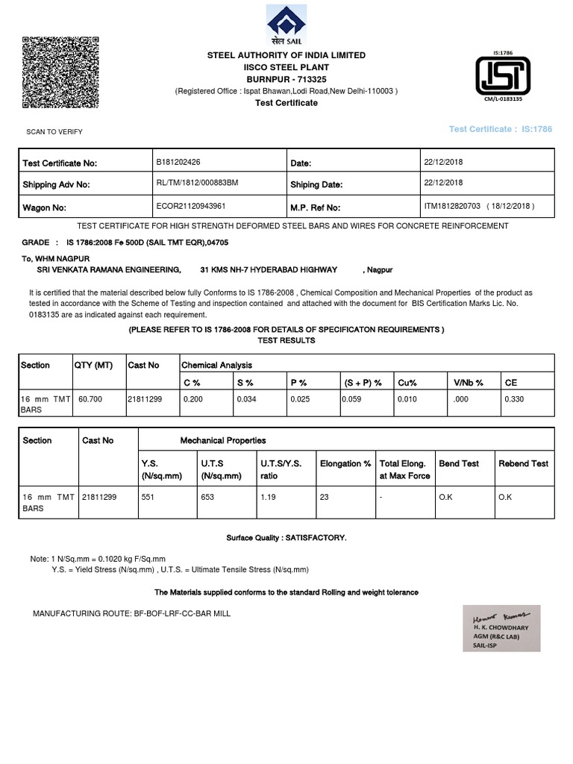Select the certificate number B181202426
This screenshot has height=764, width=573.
coord(178,162)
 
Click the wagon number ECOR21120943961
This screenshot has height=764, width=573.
coord(191,207)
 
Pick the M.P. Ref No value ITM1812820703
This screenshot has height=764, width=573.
coord(453,207)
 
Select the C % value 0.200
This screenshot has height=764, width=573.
coord(192,400)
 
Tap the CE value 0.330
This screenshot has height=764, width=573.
coord(514,400)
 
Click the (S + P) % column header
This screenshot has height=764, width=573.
coord(363,383)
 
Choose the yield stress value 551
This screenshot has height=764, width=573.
coord(147,497)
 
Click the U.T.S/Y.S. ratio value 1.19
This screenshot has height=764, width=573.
coord(268,497)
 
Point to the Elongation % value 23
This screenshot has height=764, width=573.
coord(325,497)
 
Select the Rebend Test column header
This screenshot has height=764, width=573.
coord(523,464)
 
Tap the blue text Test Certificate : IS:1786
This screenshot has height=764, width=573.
coord(501,130)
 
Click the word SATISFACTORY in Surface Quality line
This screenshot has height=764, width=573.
coord(319,538)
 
